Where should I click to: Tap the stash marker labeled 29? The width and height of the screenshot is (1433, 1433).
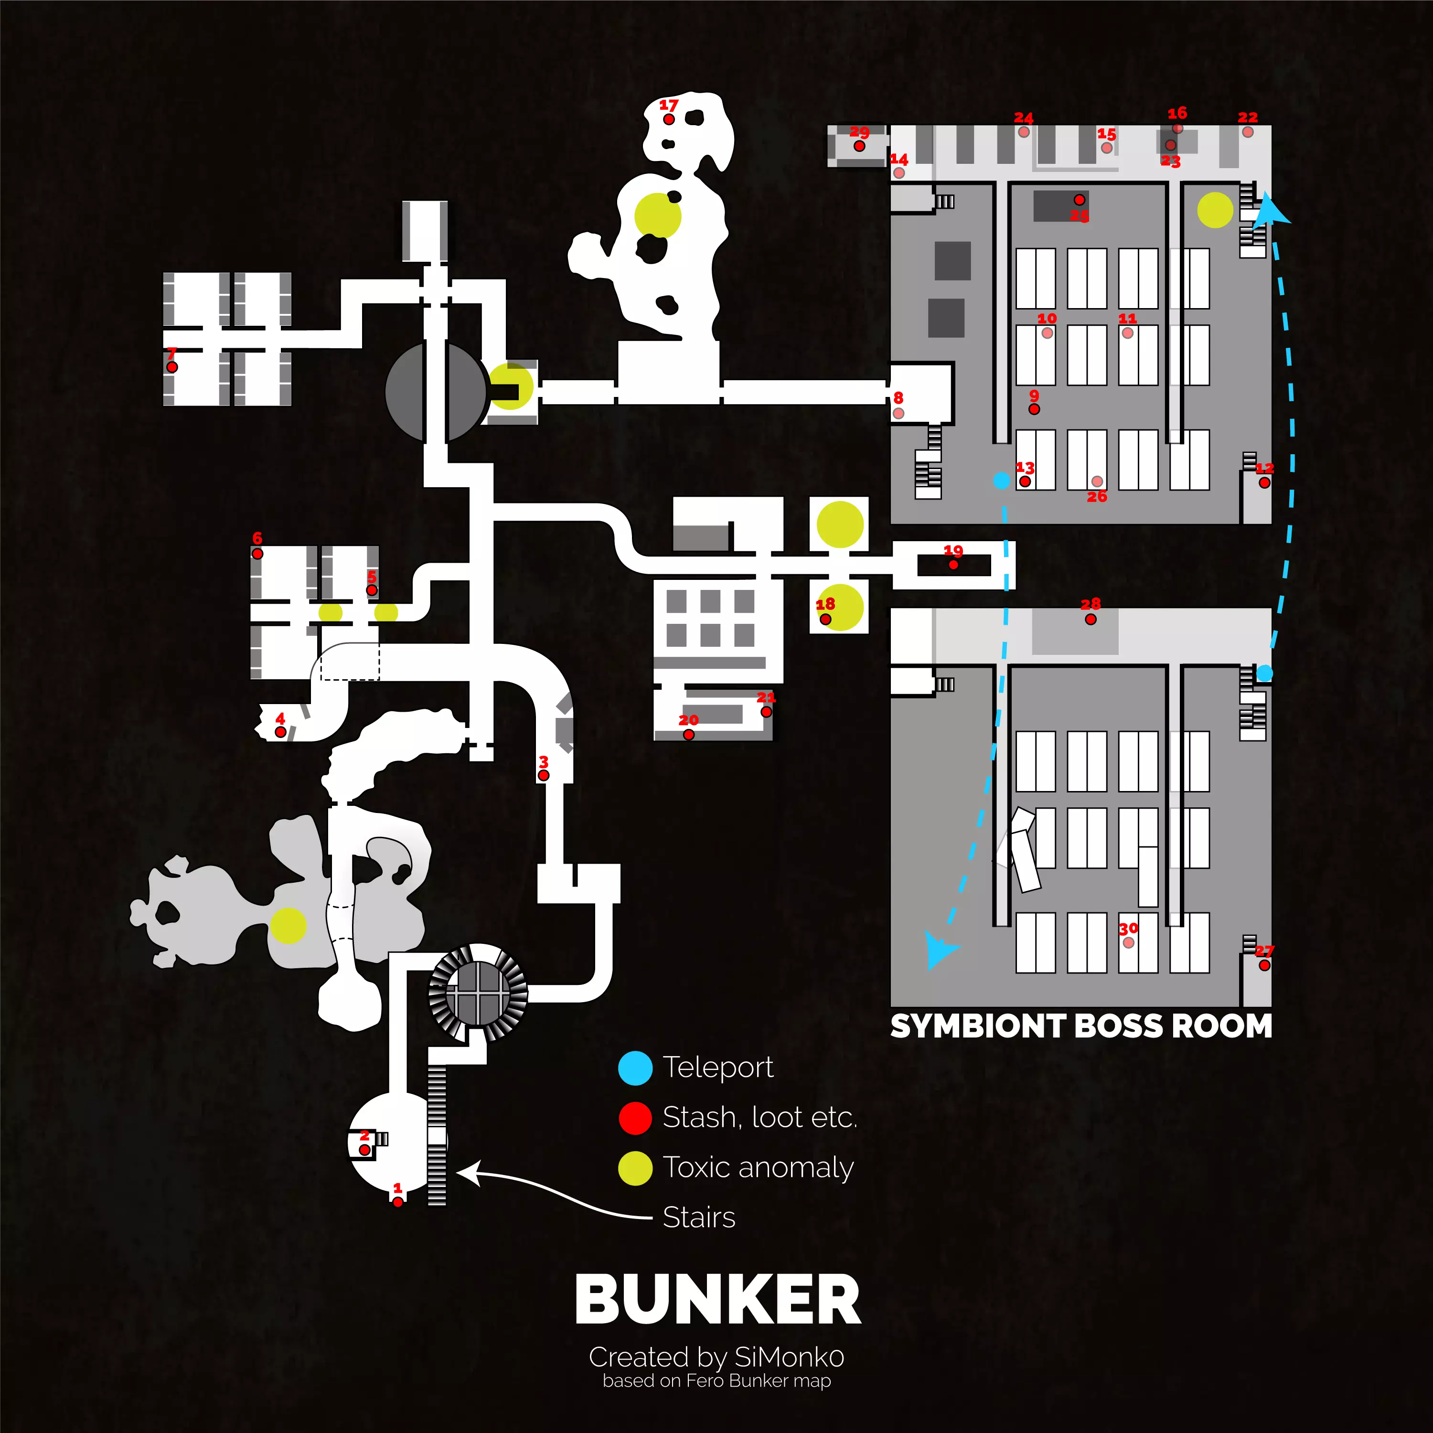coord(859,146)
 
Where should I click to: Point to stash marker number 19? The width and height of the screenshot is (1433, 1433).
coord(953,565)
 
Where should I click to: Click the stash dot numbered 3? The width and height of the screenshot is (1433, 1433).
coord(544,776)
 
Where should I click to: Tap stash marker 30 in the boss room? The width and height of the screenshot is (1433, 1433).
coord(1128,943)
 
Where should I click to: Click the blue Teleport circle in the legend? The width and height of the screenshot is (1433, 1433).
coord(635,1068)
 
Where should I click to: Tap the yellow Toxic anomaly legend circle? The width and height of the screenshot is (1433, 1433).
coord(635,1168)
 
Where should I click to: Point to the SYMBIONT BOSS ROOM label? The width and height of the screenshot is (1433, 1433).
coord(1080,1027)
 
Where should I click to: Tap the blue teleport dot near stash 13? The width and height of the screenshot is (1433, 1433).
coord(1001,481)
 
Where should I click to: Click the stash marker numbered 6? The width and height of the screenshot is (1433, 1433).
coord(257,553)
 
